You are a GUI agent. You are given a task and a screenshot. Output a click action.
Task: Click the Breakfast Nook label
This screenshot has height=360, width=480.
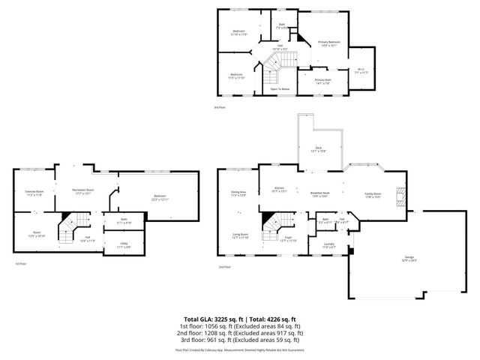(x=321, y=193)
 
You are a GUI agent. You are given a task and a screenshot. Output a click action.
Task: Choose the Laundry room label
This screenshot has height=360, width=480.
(x=328, y=244)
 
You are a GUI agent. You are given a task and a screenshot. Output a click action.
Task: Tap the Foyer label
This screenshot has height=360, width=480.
(x=289, y=239)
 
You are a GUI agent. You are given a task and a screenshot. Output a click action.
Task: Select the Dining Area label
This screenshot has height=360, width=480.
(x=238, y=193)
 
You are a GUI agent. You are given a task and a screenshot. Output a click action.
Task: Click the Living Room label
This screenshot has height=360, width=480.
(x=239, y=235)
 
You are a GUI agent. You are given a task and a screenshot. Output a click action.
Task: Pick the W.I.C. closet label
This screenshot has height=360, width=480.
(x=361, y=70)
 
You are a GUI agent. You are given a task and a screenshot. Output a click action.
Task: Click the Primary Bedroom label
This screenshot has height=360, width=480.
(x=328, y=43)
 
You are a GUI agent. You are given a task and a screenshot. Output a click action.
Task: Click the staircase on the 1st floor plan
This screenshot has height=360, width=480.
(x=69, y=223)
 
